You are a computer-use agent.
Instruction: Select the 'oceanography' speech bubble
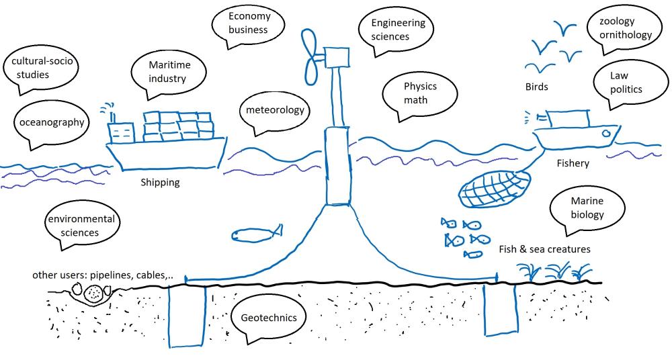[x=51, y=122]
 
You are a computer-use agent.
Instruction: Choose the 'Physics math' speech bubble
[x=420, y=93]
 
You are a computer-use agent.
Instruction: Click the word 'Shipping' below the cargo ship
[x=160, y=182]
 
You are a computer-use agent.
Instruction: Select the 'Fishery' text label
[x=573, y=163]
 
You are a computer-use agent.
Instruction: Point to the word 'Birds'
[x=536, y=87]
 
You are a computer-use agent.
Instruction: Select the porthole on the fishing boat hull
[x=607, y=134]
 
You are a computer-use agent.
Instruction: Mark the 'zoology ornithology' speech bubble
[x=619, y=28]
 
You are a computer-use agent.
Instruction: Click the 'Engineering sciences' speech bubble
[x=398, y=30]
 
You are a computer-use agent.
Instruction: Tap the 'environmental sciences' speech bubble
[x=81, y=226]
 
